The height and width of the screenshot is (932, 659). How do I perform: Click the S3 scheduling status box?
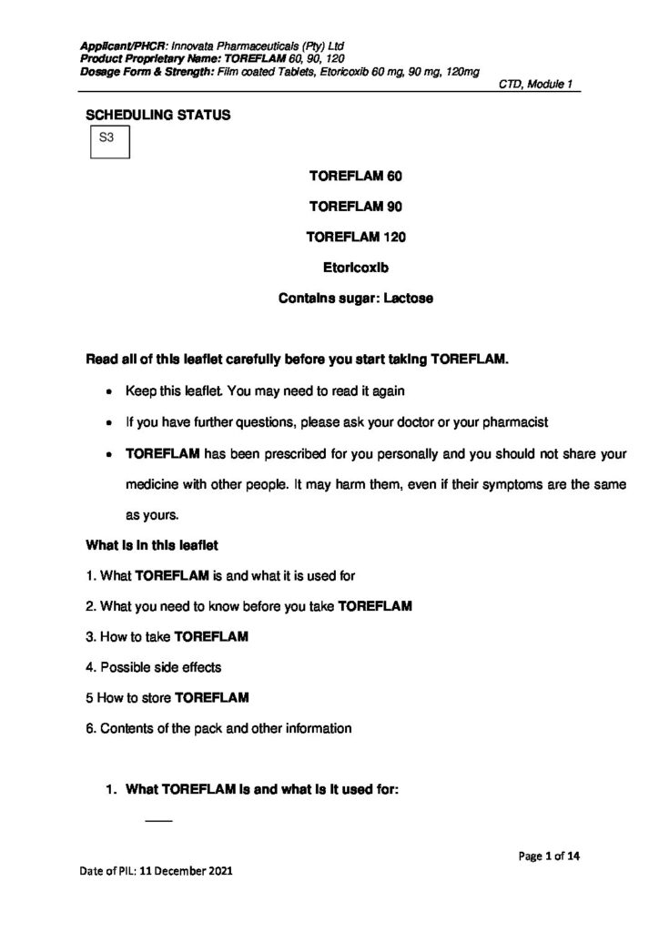pyautogui.click(x=108, y=141)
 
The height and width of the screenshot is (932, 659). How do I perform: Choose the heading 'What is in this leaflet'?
pyautogui.click(x=151, y=545)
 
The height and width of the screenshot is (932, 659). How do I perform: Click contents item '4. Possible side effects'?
pyautogui.click(x=153, y=667)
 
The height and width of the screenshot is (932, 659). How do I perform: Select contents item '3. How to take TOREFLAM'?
pyautogui.click(x=167, y=636)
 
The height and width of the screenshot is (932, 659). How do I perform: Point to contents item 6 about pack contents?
pyautogui.click(x=218, y=728)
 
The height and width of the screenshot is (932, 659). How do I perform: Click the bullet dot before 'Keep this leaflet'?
pyautogui.click(x=109, y=392)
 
